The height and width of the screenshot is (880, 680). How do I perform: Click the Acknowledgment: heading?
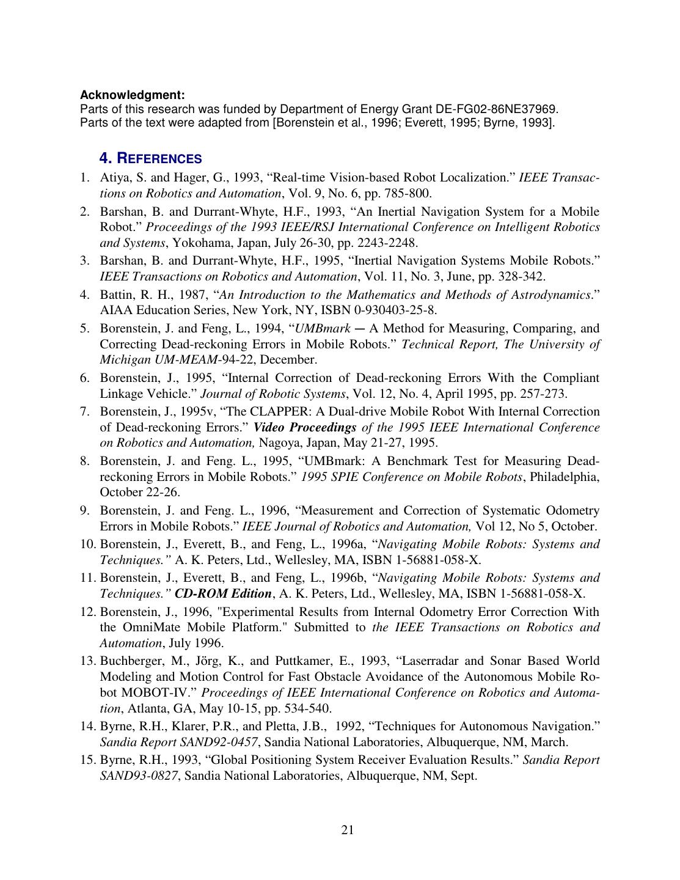pos(132,95)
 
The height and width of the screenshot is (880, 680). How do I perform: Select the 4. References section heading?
pos(150,158)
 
